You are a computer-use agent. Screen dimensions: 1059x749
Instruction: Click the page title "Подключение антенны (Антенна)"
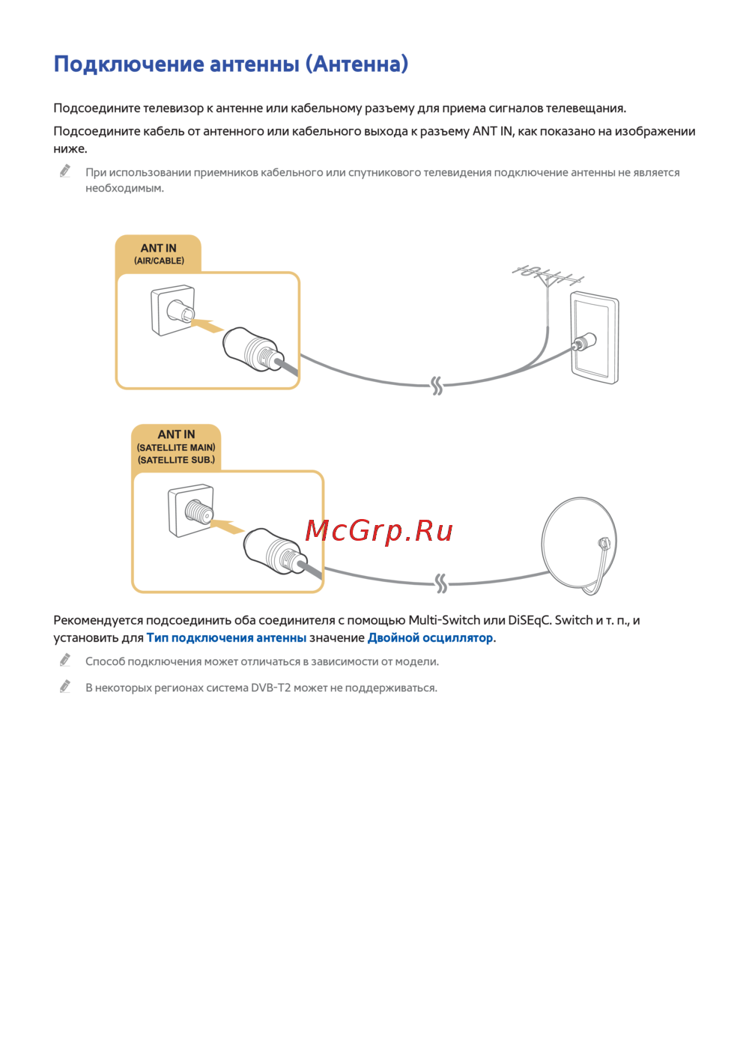click(x=231, y=64)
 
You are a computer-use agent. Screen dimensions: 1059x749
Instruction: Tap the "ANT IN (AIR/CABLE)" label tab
click(x=159, y=254)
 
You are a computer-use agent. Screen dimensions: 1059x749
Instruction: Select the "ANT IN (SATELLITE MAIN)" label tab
click(x=176, y=446)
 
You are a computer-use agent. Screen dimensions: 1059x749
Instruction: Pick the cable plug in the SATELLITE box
click(x=276, y=551)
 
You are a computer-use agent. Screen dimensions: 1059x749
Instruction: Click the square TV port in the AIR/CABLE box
click(x=173, y=310)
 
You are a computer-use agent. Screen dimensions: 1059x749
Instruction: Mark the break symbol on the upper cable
click(x=437, y=386)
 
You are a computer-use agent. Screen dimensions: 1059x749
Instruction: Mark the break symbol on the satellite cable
click(x=441, y=583)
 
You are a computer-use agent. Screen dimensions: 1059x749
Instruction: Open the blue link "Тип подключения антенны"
click(x=226, y=638)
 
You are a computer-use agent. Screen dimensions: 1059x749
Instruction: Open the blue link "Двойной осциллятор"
click(x=430, y=638)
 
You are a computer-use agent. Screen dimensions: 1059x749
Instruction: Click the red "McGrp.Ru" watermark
click(x=379, y=531)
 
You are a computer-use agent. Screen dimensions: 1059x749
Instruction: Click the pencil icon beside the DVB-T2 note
click(x=65, y=686)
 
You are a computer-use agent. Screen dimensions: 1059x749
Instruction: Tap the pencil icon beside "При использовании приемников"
click(x=65, y=172)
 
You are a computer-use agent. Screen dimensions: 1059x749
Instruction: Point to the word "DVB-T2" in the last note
click(x=270, y=688)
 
